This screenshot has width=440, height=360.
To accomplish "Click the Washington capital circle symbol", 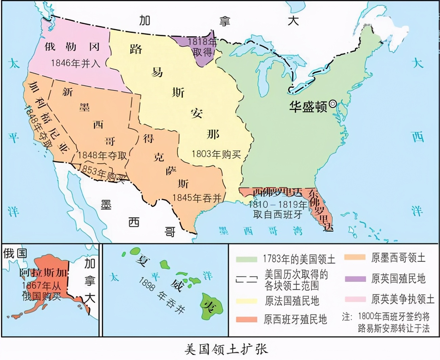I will [x=333, y=104].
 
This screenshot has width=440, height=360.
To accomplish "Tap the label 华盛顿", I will [x=308, y=107].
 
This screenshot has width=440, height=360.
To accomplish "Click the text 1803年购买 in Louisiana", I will [x=216, y=154].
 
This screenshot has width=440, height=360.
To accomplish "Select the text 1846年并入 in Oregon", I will [x=75, y=63].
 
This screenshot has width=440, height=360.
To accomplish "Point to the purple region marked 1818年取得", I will [x=202, y=49].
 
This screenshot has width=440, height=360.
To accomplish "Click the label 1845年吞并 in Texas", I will [x=197, y=198].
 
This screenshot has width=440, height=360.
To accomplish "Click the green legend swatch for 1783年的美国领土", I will [x=246, y=259].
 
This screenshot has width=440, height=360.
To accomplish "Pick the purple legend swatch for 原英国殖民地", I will [x=355, y=279].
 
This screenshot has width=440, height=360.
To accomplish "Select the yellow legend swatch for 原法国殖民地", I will [x=246, y=301].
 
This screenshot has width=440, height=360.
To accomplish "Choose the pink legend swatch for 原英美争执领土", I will [x=355, y=299].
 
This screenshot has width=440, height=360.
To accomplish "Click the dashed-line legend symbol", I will [x=246, y=280].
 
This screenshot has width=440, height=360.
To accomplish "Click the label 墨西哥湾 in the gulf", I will [x=261, y=231].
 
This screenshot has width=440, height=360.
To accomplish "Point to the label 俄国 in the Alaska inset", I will [x=15, y=253].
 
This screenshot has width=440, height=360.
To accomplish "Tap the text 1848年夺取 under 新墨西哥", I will [x=102, y=155].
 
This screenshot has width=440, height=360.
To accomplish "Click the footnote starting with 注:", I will [x=386, y=322].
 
